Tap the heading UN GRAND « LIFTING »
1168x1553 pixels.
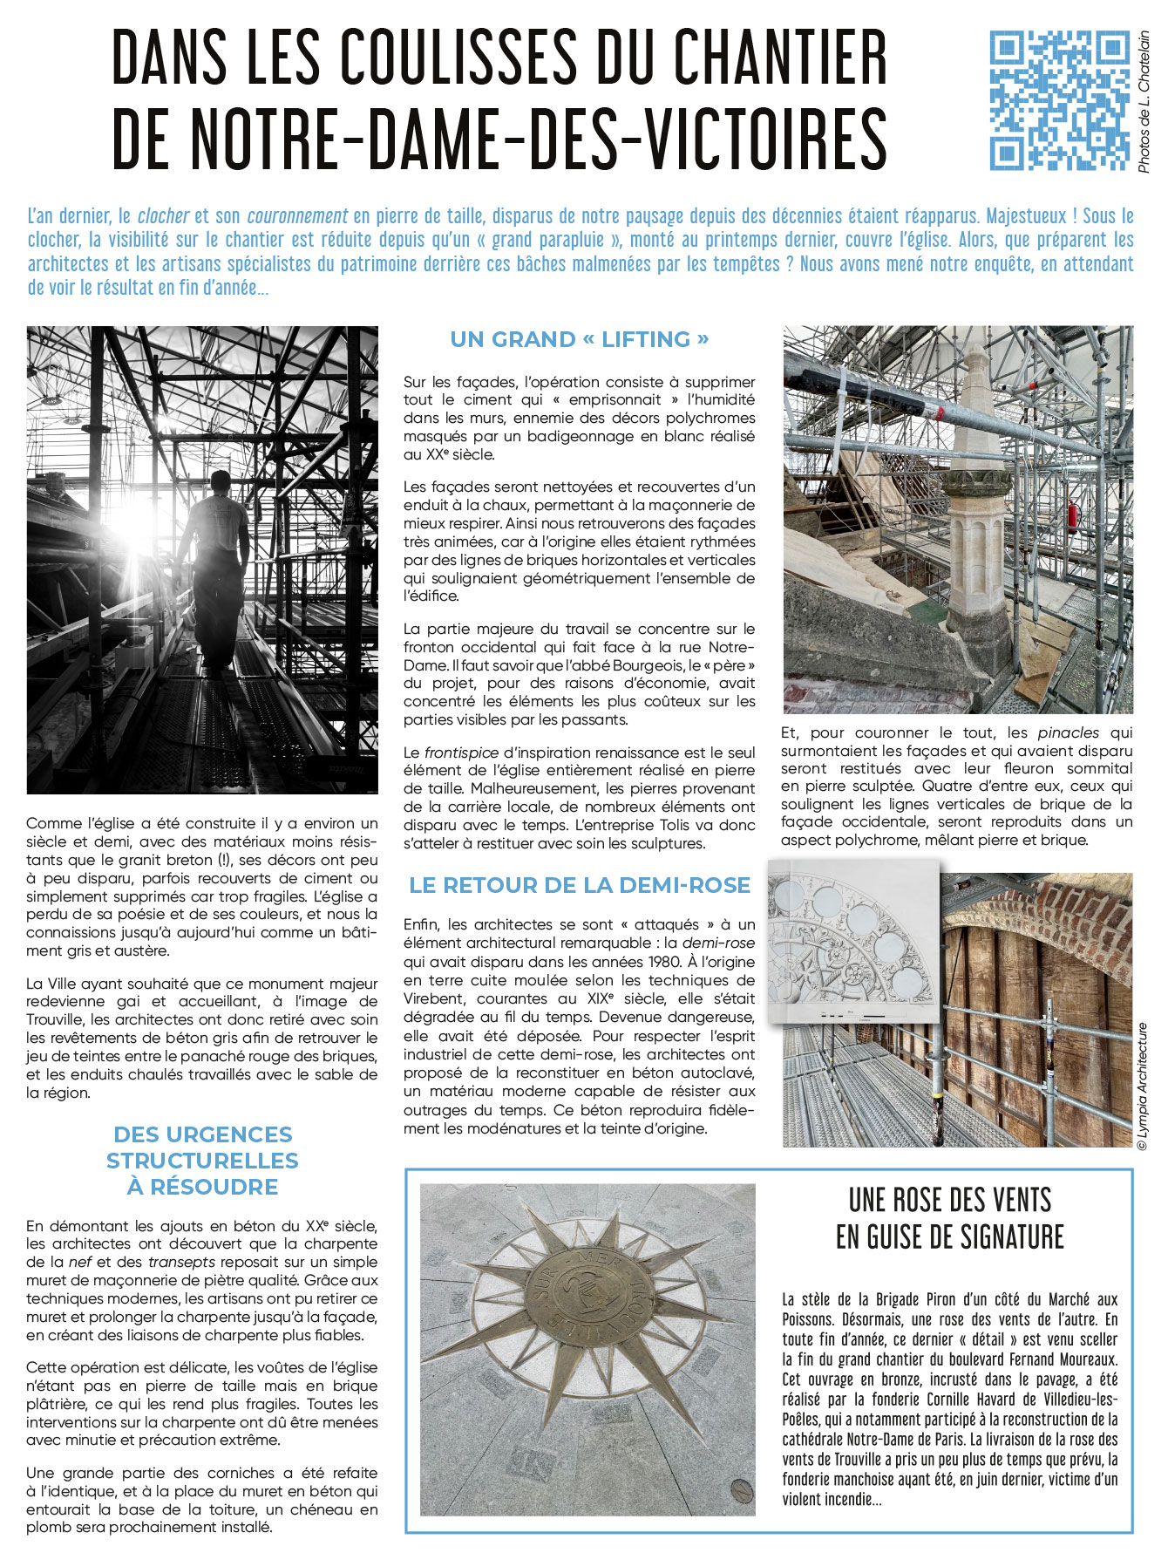coord(580,339)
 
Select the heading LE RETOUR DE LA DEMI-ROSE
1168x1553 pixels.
coord(580,885)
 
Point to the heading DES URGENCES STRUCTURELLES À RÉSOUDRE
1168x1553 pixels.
coord(202,1160)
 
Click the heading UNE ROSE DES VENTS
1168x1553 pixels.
coord(949,1201)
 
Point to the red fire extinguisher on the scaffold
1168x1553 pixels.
coord(1073,517)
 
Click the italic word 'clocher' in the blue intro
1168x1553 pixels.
coord(163,216)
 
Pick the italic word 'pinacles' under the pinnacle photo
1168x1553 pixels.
coord(1068,732)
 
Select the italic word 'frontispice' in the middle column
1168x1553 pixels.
coord(461,752)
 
